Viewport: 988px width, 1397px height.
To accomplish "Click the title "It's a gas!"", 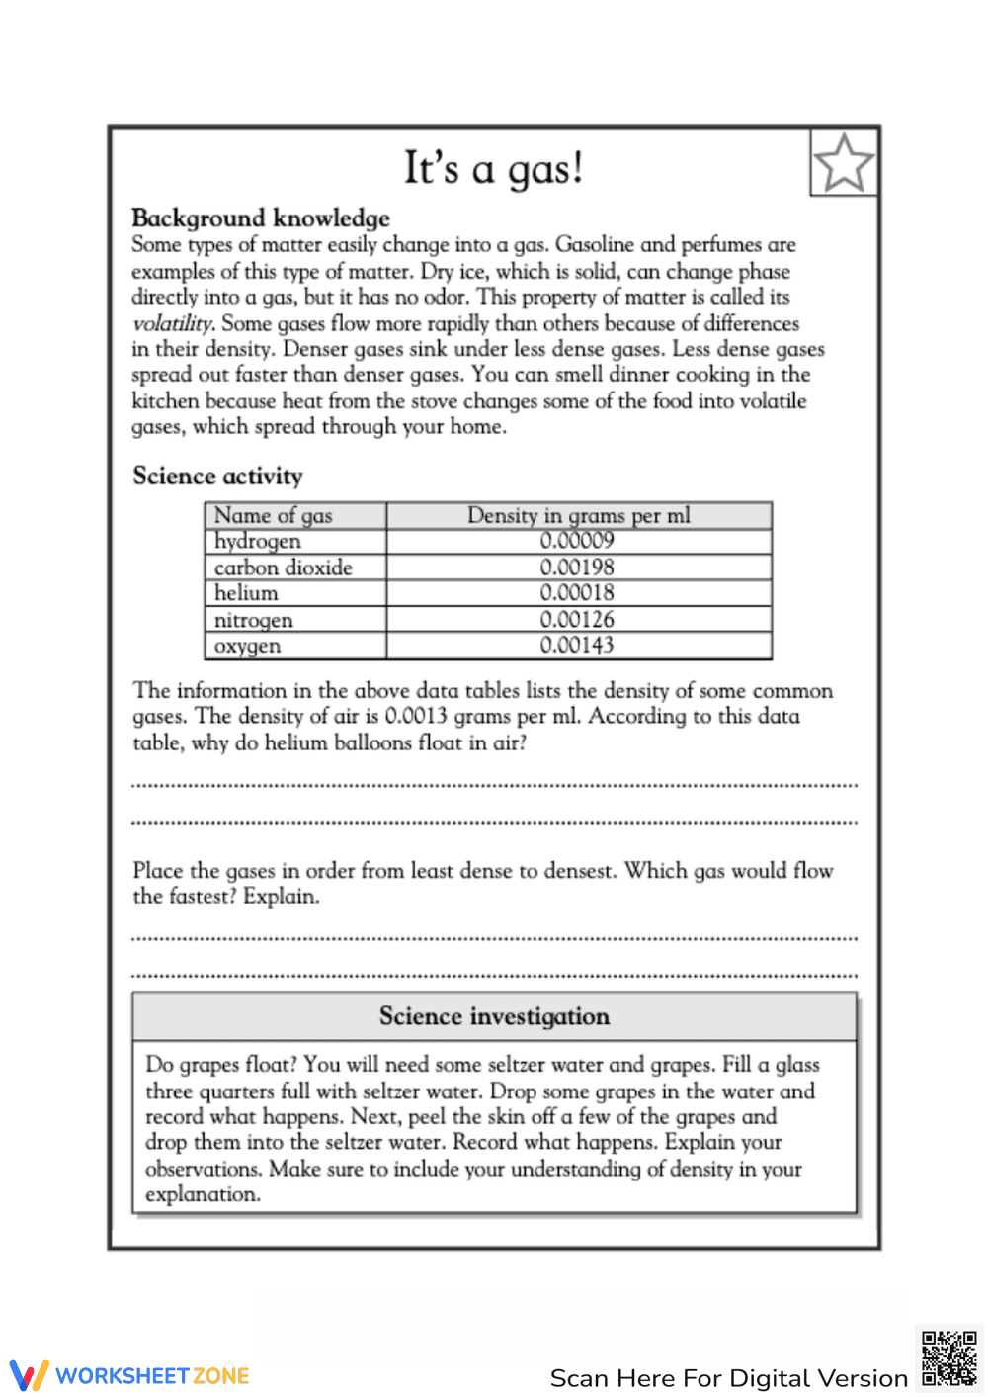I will click(493, 169).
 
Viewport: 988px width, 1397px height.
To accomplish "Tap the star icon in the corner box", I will click(844, 163).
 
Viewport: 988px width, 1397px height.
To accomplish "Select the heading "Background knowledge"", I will click(261, 218).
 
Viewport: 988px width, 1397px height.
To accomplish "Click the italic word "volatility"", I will click(172, 323).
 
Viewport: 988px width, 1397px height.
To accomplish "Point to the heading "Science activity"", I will click(217, 476).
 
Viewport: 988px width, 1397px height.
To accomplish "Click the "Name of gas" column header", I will click(274, 515).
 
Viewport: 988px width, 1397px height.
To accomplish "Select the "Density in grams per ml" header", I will click(578, 515).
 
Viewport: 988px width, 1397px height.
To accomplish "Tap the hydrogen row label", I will click(258, 541).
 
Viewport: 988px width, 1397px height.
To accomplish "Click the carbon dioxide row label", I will click(284, 568).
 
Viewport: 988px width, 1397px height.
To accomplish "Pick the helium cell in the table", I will click(246, 593).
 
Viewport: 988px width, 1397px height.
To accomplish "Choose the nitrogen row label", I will click(254, 620).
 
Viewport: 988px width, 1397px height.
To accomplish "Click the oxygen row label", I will click(248, 646).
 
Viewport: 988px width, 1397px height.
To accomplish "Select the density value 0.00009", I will click(577, 541).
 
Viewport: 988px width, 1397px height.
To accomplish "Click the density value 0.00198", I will click(577, 568).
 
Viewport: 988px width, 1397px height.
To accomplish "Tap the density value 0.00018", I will click(577, 593).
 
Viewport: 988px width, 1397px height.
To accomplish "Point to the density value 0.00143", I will click(577, 646).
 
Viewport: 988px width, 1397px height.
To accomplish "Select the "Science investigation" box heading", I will click(494, 1016).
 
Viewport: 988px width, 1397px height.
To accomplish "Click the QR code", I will click(948, 1358).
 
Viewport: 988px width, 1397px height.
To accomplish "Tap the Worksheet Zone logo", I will click(129, 1375).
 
